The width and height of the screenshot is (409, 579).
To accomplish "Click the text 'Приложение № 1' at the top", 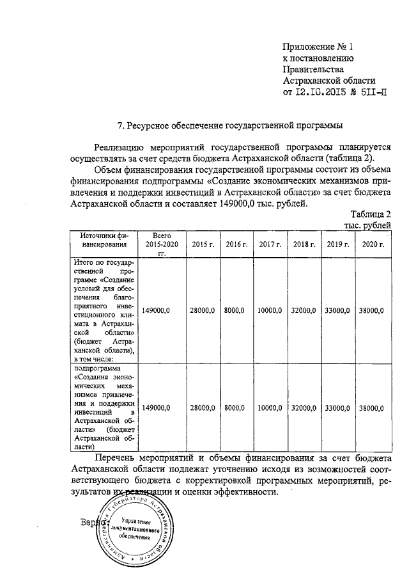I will point(318,46).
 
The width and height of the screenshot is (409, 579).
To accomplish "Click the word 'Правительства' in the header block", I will point(314,69).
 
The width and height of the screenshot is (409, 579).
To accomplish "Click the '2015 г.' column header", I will point(203,244).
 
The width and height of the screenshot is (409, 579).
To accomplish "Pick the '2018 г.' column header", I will point(304,244).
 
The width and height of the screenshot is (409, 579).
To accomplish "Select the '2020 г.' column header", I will point(372,244).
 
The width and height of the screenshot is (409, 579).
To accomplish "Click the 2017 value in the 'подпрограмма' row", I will point(269,408).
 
